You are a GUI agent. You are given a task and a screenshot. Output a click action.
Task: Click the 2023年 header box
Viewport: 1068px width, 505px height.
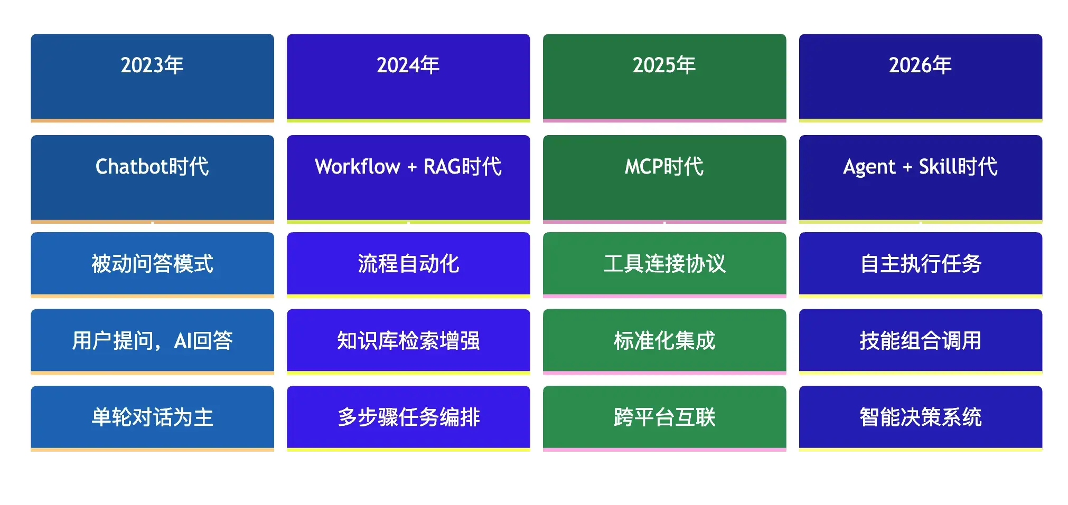pos(152,77)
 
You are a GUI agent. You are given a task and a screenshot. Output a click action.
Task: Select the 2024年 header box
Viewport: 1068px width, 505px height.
pos(408,77)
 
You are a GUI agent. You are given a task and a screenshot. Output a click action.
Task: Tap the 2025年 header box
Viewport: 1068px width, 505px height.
pos(664,77)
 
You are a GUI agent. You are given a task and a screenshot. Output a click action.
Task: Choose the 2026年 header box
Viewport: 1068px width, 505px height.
pos(920,77)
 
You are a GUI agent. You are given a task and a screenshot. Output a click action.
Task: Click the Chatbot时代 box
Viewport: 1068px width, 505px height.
pos(152,178)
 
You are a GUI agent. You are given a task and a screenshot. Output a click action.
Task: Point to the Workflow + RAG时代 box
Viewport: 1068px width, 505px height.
pos(408,178)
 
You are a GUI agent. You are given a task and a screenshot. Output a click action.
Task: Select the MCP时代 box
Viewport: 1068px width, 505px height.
pos(664,178)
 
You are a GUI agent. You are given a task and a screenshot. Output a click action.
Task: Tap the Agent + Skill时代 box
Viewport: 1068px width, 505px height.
pos(920,178)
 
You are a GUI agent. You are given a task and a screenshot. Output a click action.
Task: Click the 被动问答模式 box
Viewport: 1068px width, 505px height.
pos(152,264)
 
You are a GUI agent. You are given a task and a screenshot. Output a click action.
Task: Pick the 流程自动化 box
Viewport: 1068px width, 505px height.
pos(408,264)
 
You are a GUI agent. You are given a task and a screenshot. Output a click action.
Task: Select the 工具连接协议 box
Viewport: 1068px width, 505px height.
pos(664,264)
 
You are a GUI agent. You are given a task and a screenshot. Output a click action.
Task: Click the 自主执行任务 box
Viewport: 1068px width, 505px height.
pos(920,264)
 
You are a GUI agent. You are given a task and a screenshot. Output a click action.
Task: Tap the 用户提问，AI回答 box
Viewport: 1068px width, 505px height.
pos(152,341)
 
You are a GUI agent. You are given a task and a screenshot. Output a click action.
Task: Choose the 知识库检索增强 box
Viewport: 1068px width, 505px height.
pos(408,341)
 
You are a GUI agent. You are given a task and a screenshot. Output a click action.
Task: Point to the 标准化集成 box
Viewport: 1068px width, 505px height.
pos(664,341)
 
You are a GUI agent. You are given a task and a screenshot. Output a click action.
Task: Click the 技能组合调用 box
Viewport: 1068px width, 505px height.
pos(920,341)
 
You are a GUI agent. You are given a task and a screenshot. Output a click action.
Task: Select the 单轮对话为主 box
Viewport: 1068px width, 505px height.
pos(152,417)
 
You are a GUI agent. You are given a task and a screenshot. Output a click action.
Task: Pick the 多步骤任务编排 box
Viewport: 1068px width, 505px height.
pos(408,417)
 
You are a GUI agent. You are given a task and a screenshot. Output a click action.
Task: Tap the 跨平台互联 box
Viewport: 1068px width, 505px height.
pos(664,417)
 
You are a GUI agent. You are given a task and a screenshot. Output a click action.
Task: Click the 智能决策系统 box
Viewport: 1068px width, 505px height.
pos(920,417)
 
